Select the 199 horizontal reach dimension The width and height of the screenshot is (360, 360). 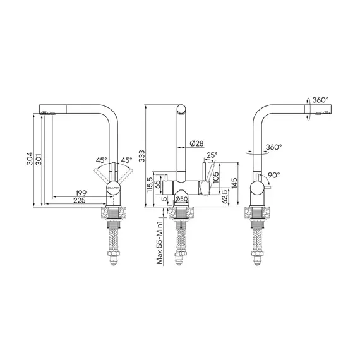(x=81, y=192)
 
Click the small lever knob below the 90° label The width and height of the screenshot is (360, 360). (x=268, y=188)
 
